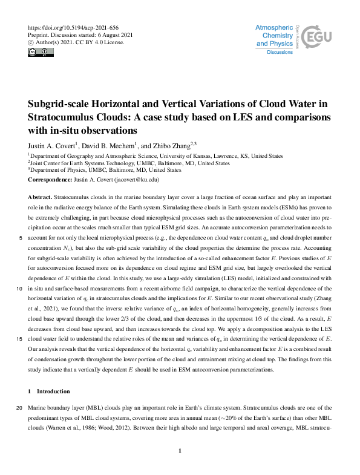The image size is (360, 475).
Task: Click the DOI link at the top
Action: click(67, 28)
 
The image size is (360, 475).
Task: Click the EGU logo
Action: click(315, 39)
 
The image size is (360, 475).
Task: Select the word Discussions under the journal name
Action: click(280, 53)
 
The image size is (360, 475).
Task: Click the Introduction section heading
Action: click(53, 391)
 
